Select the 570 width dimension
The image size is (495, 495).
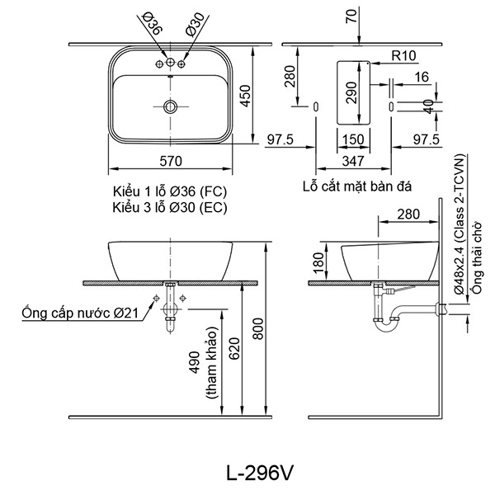point(170,163)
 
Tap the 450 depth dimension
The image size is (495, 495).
point(244,96)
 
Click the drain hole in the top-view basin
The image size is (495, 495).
point(170,106)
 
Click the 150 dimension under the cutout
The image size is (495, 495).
point(353,139)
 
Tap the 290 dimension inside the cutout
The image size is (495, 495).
point(349,92)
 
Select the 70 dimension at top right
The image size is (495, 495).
point(352,16)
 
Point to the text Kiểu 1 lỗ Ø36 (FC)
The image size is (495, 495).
point(169,191)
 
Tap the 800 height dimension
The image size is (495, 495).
point(258,332)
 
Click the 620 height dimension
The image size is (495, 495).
point(235,352)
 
